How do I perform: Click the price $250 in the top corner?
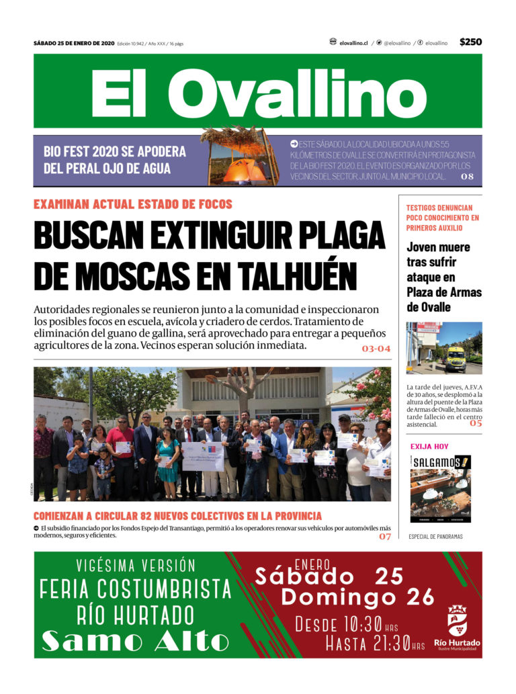click(x=470, y=42)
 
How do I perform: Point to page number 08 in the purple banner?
click(x=467, y=176)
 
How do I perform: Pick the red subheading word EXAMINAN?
click(x=62, y=204)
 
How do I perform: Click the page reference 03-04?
click(x=376, y=349)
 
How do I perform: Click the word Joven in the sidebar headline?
click(x=423, y=247)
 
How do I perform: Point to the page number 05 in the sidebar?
click(x=476, y=423)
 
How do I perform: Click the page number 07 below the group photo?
click(x=385, y=536)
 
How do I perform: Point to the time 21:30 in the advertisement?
click(x=386, y=644)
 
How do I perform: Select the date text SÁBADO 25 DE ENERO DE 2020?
click(x=74, y=43)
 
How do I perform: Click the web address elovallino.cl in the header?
click(x=353, y=43)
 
